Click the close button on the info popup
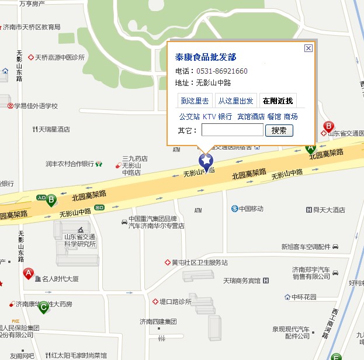308,48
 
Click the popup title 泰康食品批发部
206,57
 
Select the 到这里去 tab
195,101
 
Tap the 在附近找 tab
278,101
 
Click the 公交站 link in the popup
189,116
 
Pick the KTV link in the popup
209,116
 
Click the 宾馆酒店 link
251,116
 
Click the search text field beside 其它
232,130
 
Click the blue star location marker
206,160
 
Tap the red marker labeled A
28,273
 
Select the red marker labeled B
328,126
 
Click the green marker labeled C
44,305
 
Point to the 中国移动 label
251,209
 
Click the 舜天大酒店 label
329,210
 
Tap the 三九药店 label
134,158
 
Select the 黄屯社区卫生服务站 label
199,262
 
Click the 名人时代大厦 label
60,279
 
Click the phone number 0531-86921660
221,71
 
